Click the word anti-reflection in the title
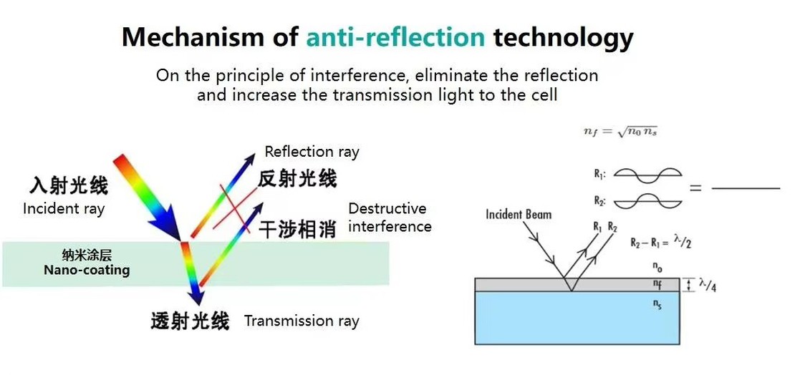pyautogui.click(x=395, y=37)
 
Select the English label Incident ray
pyautogui.click(x=64, y=209)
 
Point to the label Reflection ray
pyautogui.click(x=312, y=152)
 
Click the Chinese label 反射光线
pyautogui.click(x=297, y=178)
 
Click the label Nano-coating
pyautogui.click(x=87, y=270)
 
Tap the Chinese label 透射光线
pyautogui.click(x=190, y=321)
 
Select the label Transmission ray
pyautogui.click(x=302, y=321)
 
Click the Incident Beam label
pyautogui.click(x=519, y=214)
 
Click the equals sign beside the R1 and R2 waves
pyautogui.click(x=695, y=188)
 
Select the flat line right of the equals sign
pyautogui.click(x=745, y=188)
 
